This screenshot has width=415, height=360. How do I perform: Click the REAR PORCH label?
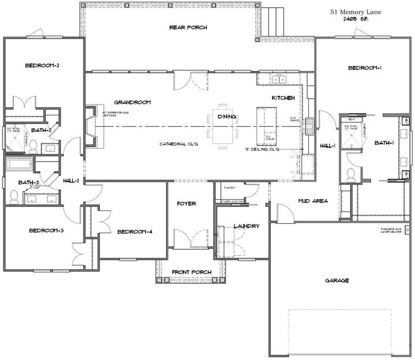click(x=188, y=27)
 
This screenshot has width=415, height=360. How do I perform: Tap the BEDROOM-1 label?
click(x=365, y=68)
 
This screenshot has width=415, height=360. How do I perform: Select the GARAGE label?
click(x=337, y=280)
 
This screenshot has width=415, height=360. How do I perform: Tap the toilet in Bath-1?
click(x=351, y=173)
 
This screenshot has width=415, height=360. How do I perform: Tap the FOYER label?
click(x=186, y=204)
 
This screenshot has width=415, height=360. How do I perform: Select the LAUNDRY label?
click(x=246, y=226)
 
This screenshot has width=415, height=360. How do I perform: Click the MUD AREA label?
click(x=312, y=201)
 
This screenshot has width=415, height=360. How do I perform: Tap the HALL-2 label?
click(x=71, y=181)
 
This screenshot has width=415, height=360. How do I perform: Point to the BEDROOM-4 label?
click(x=134, y=232)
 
